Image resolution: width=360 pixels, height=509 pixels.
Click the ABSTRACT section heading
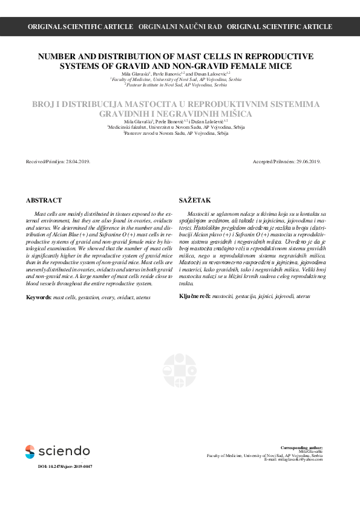click(x=44, y=200)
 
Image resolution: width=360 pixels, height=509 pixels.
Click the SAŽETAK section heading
click(x=193, y=200)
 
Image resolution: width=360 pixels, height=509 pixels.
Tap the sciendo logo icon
click(x=30, y=451)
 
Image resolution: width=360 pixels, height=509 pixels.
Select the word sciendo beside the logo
click(x=64, y=451)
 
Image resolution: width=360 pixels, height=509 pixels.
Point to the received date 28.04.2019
click(x=78, y=162)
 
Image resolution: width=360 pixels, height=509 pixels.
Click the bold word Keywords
click(x=39, y=297)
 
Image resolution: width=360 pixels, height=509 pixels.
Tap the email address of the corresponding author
click(x=299, y=459)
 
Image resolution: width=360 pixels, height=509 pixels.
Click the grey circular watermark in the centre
click(x=180, y=370)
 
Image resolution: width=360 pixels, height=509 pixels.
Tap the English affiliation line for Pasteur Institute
click(x=180, y=85)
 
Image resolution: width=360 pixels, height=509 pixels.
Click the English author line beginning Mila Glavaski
click(x=180, y=73)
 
